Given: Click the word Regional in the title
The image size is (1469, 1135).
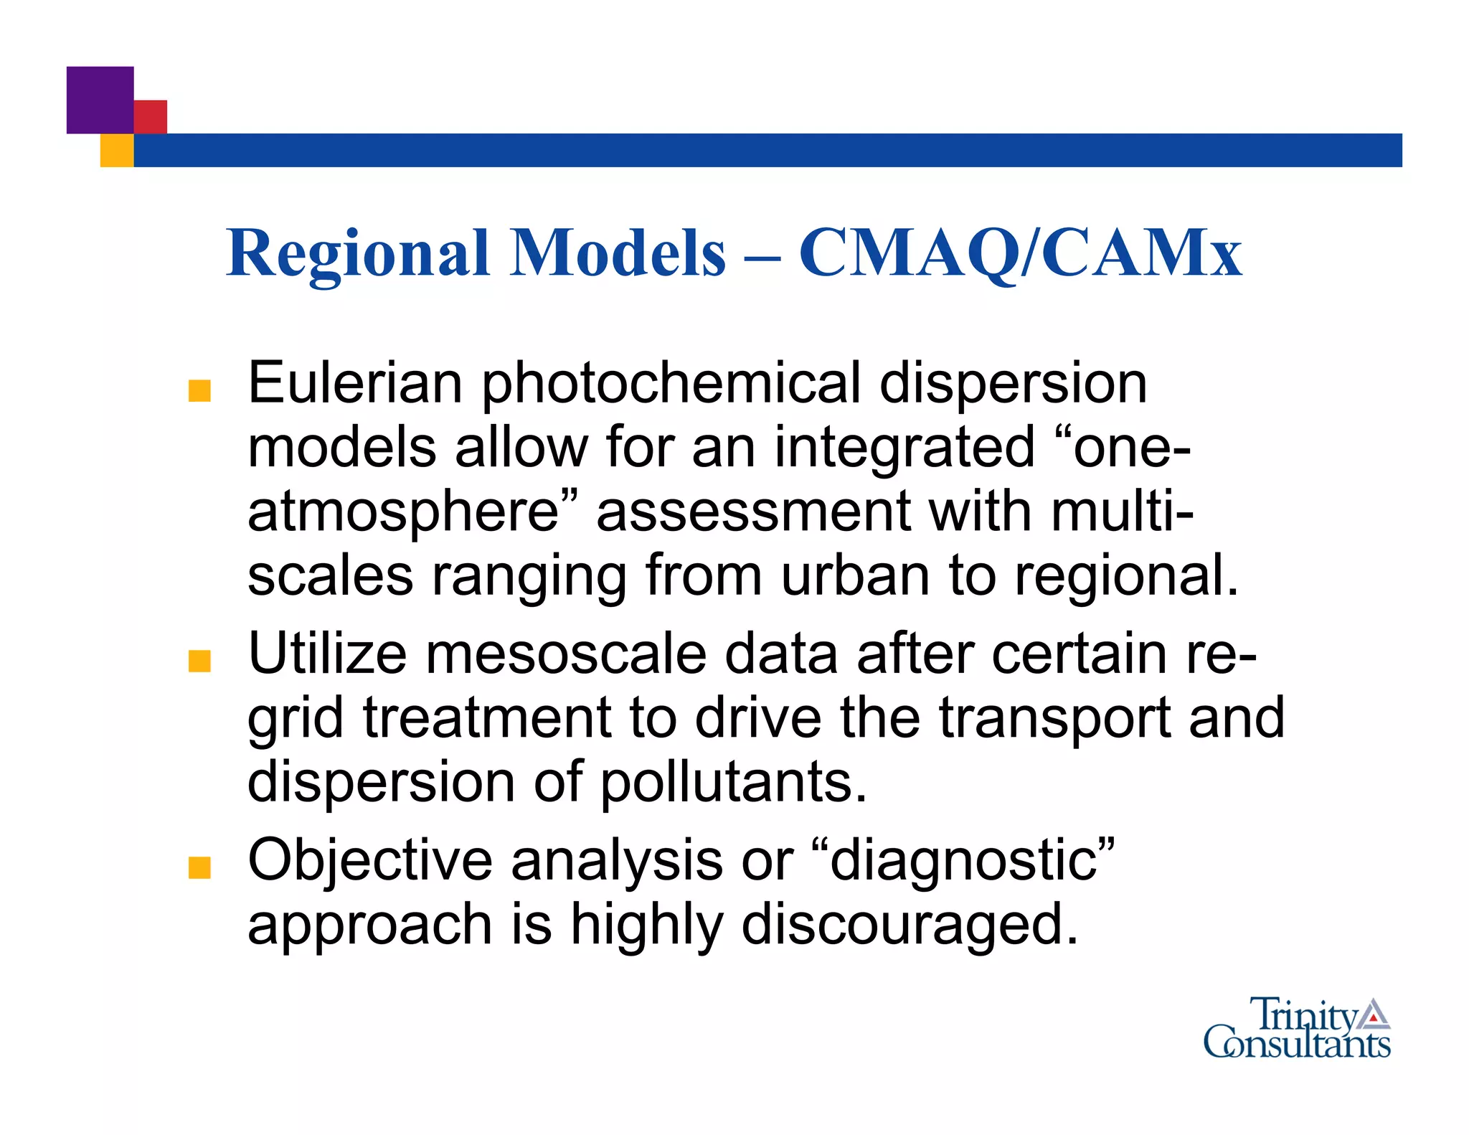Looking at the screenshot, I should tap(356, 253).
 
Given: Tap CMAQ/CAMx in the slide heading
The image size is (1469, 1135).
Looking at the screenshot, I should tap(1020, 253).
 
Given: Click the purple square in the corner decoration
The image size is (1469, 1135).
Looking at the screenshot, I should tap(100, 100).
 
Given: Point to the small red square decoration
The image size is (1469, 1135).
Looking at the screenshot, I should tap(151, 116).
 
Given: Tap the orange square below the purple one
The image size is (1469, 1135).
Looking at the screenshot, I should tap(116, 150).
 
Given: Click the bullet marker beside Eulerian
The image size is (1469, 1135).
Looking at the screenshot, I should tap(199, 391).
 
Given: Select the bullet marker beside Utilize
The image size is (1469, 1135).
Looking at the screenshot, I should tap(199, 661).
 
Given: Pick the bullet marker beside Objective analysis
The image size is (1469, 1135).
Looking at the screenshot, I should tap(199, 867).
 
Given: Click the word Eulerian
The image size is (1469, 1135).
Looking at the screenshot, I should tap(355, 383).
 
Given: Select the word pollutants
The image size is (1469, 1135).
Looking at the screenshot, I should tap(733, 781).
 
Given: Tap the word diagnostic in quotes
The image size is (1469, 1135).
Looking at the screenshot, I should tap(964, 861).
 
